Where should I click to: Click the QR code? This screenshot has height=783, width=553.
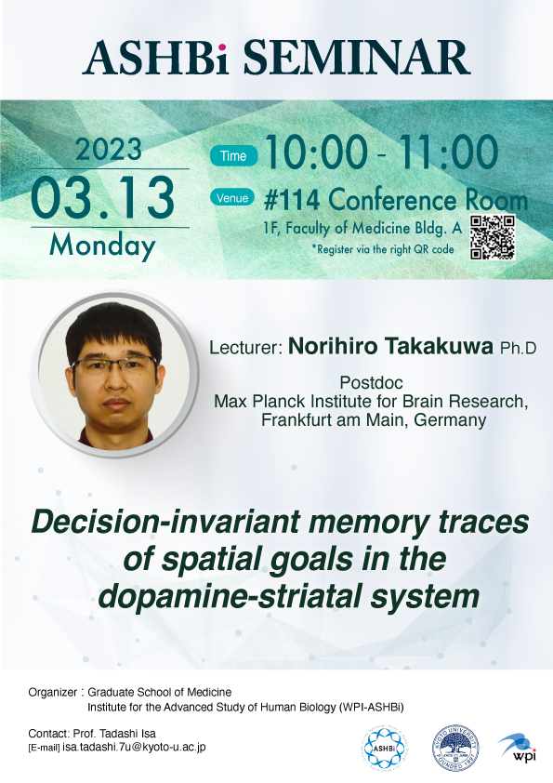(x=493, y=237)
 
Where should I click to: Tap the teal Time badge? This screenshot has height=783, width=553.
(x=233, y=156)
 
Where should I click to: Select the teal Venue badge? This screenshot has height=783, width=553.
(x=232, y=198)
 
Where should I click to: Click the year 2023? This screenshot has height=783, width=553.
(x=109, y=149)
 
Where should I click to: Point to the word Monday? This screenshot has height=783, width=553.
(x=102, y=246)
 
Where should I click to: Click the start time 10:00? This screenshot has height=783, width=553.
(x=316, y=152)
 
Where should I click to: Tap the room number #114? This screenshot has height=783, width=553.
(x=292, y=200)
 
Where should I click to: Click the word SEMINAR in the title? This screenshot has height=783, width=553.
(x=357, y=58)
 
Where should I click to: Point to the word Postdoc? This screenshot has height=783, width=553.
(x=371, y=382)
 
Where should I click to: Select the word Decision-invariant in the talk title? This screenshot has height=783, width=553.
(x=165, y=522)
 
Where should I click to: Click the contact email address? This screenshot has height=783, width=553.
(x=134, y=747)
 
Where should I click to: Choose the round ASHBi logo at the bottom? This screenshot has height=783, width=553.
(x=384, y=748)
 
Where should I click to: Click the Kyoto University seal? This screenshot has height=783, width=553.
(x=455, y=748)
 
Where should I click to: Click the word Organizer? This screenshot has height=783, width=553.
(x=52, y=692)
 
